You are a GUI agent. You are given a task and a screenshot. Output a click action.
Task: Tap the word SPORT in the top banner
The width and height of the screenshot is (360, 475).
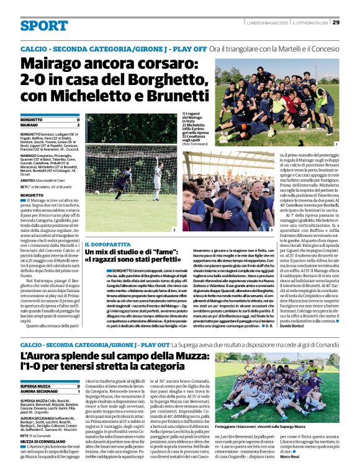(43, 26)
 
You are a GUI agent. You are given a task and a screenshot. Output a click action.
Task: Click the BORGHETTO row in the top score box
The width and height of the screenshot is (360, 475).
(50, 119)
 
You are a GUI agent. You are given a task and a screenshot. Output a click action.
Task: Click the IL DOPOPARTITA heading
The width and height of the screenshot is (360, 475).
(103, 243)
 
